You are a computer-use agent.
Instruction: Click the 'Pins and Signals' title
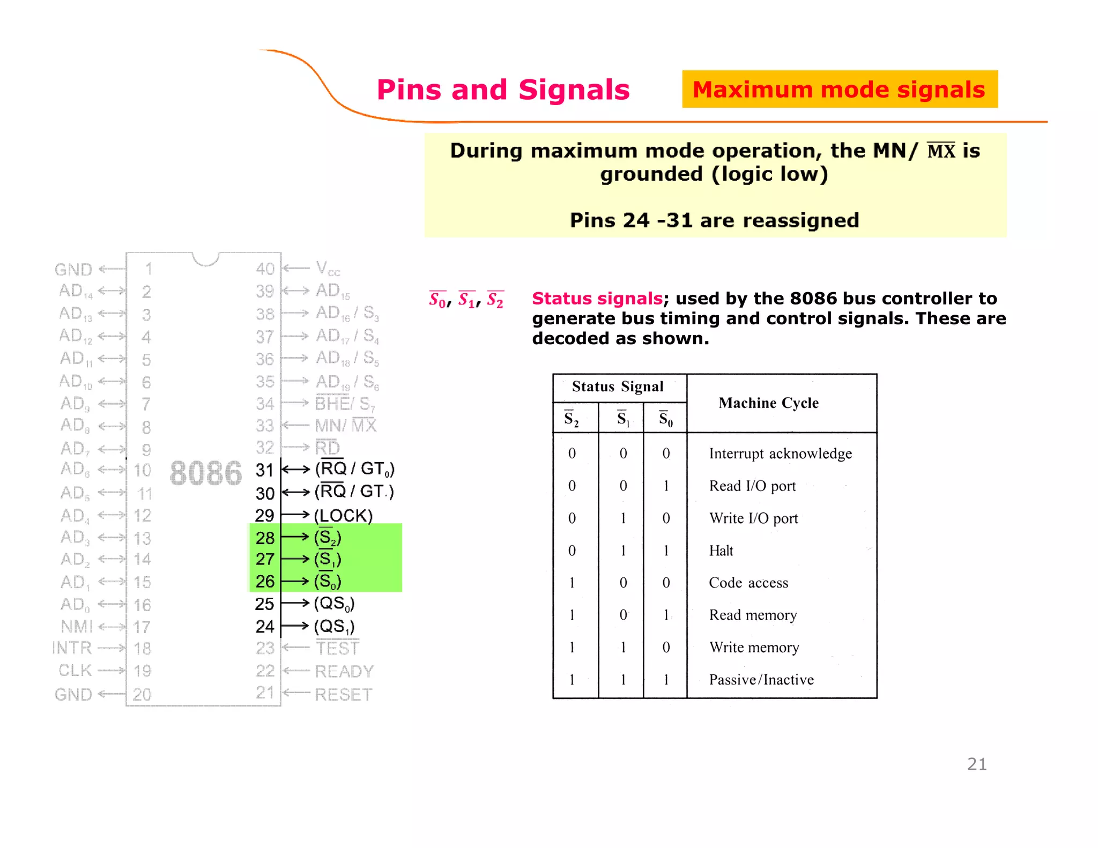(503, 90)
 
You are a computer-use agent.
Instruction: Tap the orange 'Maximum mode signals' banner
(839, 90)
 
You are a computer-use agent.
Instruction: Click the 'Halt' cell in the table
(721, 551)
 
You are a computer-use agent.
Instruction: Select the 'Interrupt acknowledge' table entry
(780, 453)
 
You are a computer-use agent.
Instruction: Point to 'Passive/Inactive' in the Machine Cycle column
(761, 680)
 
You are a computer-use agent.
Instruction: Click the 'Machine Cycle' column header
(768, 403)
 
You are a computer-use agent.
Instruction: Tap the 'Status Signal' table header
(618, 386)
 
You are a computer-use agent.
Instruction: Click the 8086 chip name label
(206, 473)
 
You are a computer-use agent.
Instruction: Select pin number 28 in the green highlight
(265, 538)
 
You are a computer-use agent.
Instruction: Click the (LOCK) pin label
(343, 516)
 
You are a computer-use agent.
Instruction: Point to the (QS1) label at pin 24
(334, 626)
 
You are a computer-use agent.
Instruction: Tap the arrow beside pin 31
(296, 470)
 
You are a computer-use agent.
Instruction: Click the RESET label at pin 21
(343, 695)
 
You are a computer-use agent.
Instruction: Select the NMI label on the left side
(77, 627)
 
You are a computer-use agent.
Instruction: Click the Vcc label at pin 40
(328, 268)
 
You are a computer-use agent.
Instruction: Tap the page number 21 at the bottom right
(977, 764)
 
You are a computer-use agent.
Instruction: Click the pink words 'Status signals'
(597, 298)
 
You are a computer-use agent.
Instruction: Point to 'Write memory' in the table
(754, 648)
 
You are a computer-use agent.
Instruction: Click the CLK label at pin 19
(75, 671)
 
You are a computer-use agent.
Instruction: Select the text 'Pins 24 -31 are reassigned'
(714, 220)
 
